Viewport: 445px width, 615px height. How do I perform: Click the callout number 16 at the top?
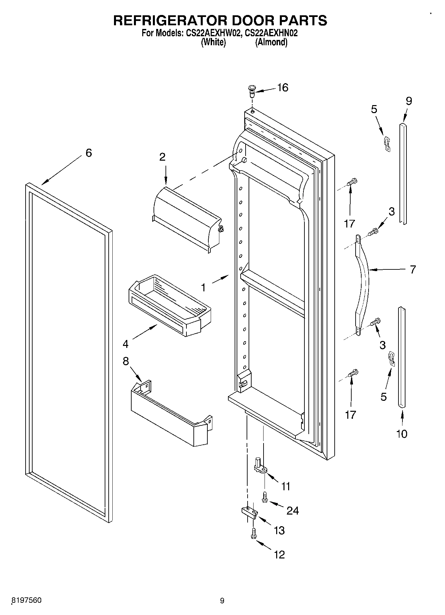tap(282, 88)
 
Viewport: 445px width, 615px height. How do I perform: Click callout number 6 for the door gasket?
tap(88, 153)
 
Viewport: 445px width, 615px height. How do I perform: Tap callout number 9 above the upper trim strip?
tap(409, 101)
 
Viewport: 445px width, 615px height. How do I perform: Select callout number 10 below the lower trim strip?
tap(402, 434)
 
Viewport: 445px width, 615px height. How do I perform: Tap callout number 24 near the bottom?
tap(292, 511)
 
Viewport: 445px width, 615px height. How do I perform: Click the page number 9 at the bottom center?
tap(222, 601)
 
